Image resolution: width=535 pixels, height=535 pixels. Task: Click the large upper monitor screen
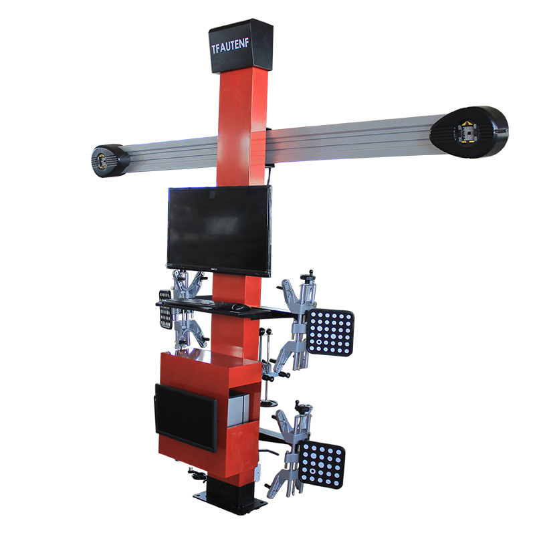click(x=219, y=229)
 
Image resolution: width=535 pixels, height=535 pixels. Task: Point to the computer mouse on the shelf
click(x=238, y=307)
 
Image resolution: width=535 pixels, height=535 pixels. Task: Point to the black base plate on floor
click(x=224, y=498)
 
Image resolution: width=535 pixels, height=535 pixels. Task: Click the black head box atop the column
click(x=241, y=45)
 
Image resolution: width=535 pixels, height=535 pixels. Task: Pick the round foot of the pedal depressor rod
click(x=270, y=403)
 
